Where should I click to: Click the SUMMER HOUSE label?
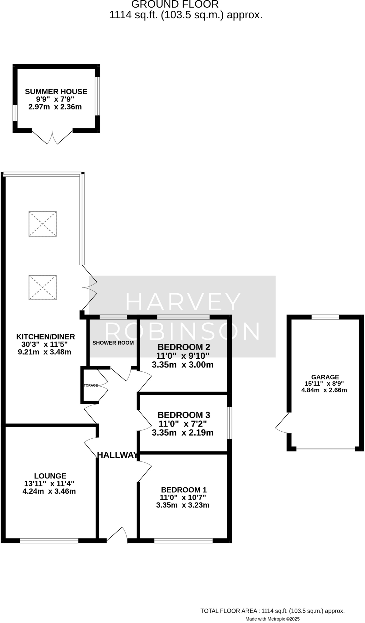click(x=56, y=92)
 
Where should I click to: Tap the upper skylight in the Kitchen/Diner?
click(x=43, y=224)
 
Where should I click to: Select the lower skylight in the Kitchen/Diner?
click(x=43, y=287)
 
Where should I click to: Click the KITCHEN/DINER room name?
click(x=45, y=337)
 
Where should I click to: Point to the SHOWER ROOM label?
click(x=113, y=343)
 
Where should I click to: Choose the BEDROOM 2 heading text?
click(x=184, y=347)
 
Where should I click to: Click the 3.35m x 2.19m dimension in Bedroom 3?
click(x=182, y=433)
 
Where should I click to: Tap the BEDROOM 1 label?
click(x=184, y=490)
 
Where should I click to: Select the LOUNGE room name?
click(x=50, y=476)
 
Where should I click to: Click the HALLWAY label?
click(x=117, y=455)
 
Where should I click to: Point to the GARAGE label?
click(x=325, y=377)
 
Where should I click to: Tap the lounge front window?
click(x=49, y=541)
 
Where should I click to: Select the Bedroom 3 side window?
click(x=230, y=423)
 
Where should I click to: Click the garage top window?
click(x=325, y=317)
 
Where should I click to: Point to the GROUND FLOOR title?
click(x=175, y=4)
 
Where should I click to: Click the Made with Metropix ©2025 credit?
click(x=273, y=619)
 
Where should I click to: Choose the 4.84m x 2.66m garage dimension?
click(x=324, y=390)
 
